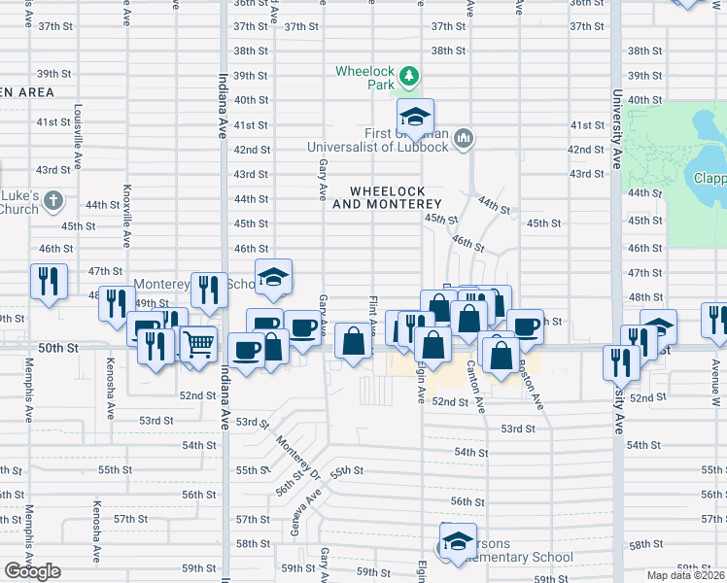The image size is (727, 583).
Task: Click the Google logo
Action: [x=32, y=571]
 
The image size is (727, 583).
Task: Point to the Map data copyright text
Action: [x=686, y=575]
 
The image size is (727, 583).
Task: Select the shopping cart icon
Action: [x=198, y=345]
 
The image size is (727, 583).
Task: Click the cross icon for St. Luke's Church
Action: [x=53, y=202]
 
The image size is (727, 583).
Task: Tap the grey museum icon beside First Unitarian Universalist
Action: [x=464, y=139]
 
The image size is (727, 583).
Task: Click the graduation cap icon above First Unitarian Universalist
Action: [x=415, y=117]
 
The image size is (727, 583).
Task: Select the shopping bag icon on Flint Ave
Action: [x=354, y=341]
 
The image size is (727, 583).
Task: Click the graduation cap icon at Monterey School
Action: [x=273, y=277]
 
